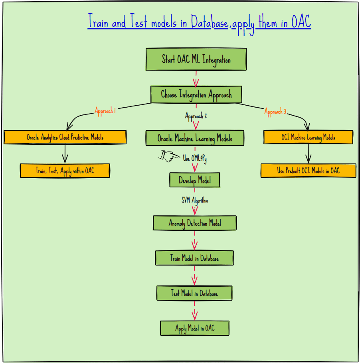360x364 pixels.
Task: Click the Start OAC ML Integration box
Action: tap(196, 59)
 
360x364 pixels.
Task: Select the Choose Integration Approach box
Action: tap(196, 95)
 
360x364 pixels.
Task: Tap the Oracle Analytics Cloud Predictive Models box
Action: tap(65, 137)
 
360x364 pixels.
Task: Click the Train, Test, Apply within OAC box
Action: tap(65, 171)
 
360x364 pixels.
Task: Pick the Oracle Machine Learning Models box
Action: tap(195, 138)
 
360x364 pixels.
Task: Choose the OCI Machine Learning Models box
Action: tap(308, 137)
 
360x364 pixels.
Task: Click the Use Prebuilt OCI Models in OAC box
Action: tap(308, 171)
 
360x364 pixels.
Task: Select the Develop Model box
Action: tap(194, 180)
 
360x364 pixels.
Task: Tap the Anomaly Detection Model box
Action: tap(195, 223)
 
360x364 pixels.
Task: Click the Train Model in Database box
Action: tap(194, 258)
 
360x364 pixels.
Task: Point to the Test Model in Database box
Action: tap(194, 293)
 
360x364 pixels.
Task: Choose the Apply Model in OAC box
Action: tap(195, 328)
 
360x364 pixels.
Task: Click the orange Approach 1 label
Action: tap(105, 111)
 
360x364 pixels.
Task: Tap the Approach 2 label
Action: tap(196, 116)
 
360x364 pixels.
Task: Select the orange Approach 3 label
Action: tap(275, 112)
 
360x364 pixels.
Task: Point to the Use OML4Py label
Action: tap(195, 158)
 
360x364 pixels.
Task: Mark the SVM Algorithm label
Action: tap(195, 200)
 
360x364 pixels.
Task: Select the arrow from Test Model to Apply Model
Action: tap(194, 310)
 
